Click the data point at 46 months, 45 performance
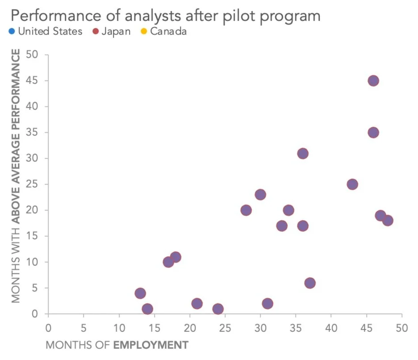point(373,81)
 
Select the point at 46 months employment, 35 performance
point(373,133)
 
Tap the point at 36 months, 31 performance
point(303,154)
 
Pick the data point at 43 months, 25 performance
point(352,184)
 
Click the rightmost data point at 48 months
point(388,221)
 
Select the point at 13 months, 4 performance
point(140,293)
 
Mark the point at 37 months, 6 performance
point(310,283)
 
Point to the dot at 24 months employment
point(218,309)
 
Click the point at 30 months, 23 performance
point(260,195)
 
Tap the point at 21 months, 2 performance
point(197,304)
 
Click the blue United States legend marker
point(12,32)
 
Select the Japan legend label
point(116,32)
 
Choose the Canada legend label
point(168,32)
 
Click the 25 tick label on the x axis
point(225,327)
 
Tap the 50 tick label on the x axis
point(402,327)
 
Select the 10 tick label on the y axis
point(33,262)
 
